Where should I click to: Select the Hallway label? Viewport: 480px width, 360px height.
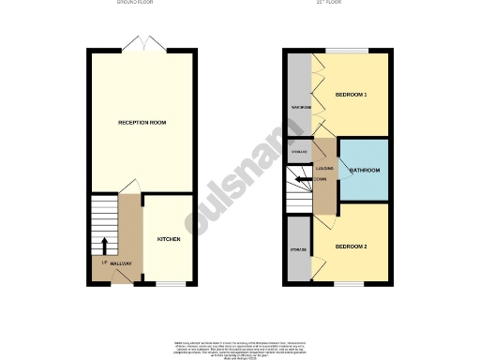[120, 263]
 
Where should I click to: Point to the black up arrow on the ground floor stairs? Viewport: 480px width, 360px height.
[104, 246]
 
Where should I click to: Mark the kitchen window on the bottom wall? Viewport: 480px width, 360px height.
[169, 284]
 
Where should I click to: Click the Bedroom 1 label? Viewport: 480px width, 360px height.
[352, 94]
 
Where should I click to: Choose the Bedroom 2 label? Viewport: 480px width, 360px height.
[352, 246]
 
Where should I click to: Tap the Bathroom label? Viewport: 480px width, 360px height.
[365, 171]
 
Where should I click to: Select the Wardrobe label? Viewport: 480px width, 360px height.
[301, 108]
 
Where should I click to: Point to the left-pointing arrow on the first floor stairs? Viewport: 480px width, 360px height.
[302, 178]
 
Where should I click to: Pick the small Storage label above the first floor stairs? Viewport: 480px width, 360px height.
[299, 151]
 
